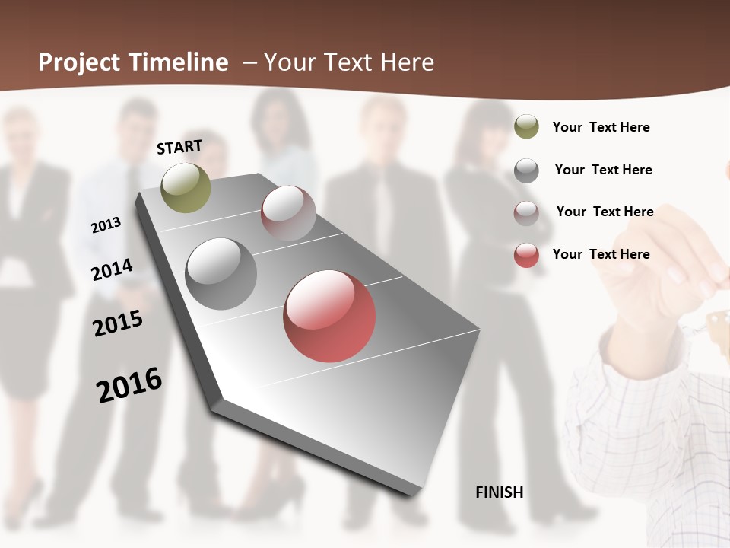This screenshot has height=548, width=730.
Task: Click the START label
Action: [179, 147]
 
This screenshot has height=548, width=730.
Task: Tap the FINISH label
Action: [499, 492]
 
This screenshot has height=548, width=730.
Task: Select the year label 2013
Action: [106, 225]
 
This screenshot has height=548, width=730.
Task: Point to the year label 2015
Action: [118, 323]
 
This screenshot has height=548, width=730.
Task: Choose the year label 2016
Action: [129, 385]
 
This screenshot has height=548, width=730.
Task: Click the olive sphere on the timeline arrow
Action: [186, 187]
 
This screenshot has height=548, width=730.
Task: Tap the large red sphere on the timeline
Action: [329, 315]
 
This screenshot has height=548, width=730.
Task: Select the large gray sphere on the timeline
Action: [221, 273]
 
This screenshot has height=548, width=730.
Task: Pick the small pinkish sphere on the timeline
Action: [288, 213]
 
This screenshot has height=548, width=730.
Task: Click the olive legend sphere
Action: [526, 126]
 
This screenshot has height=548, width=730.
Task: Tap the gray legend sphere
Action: [526, 170]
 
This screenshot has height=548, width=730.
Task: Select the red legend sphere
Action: [526, 255]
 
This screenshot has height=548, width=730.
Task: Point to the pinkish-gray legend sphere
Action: [526, 213]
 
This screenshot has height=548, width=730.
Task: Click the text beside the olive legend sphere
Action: [601, 127]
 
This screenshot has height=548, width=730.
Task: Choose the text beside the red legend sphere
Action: [601, 254]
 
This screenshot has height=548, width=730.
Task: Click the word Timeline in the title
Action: [178, 62]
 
